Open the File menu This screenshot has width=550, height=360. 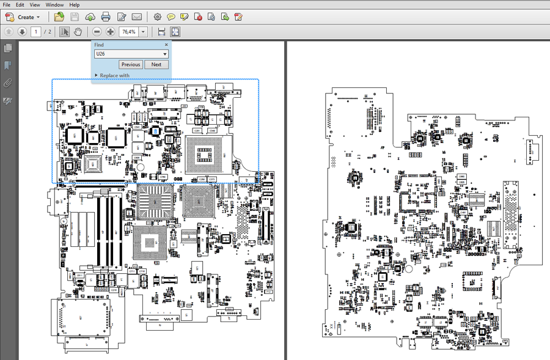coord(6,5)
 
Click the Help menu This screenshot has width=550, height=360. coord(73,5)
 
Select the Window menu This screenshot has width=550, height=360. coord(54,5)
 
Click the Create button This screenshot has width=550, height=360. coord(23,17)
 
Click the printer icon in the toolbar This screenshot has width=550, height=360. coord(105,17)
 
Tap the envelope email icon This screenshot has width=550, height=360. coord(137,17)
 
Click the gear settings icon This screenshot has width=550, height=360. coord(158,17)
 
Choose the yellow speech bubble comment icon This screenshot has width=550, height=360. coord(171,17)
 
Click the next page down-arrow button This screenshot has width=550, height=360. coord(22,32)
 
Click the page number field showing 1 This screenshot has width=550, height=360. coord(36,32)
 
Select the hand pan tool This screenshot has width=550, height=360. coord(78,32)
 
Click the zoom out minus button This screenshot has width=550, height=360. coord(97,32)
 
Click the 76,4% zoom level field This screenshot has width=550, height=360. coord(128,32)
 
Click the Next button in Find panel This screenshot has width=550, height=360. coord(156,64)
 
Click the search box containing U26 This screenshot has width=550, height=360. coord(128,54)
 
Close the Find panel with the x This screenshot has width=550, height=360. coord(166,45)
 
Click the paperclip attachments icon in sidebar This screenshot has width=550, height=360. coord(8,83)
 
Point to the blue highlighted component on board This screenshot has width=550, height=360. coord(156,131)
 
